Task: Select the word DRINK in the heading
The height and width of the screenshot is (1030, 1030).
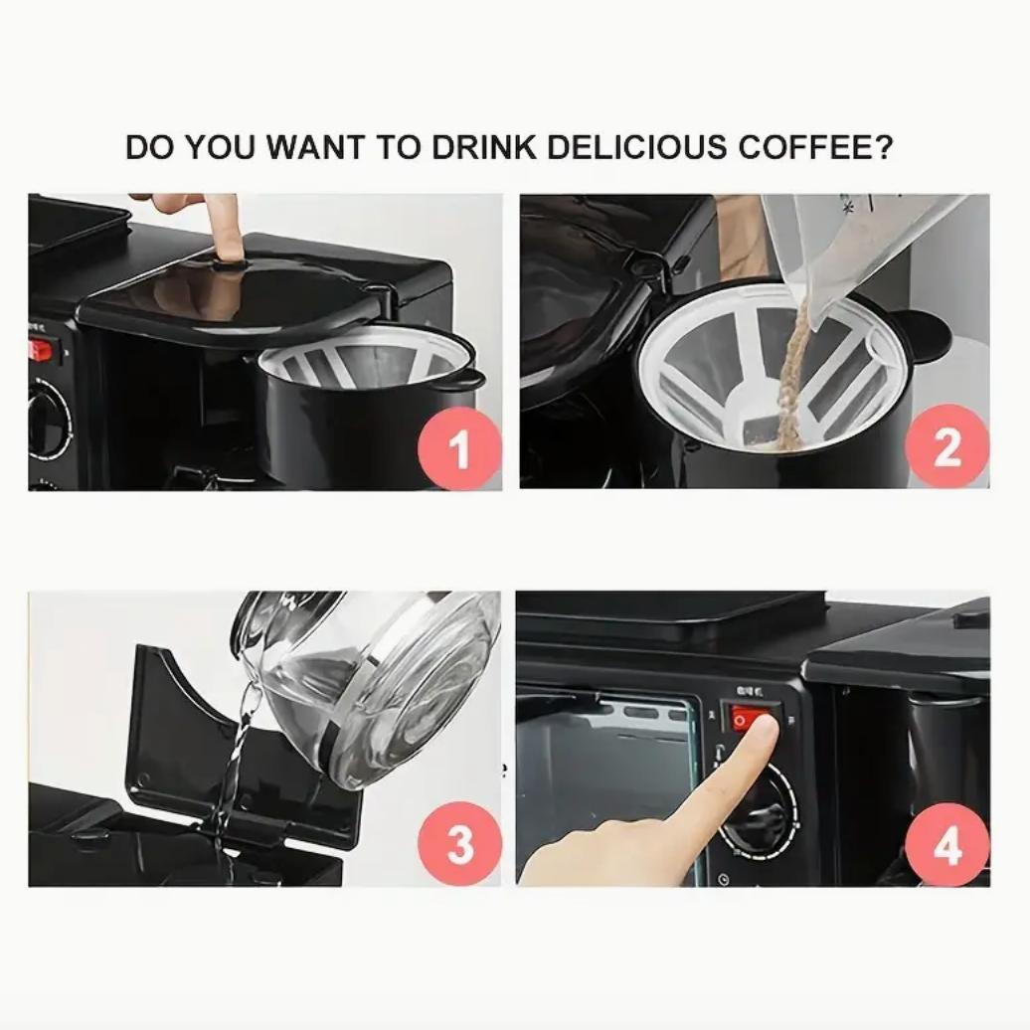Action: tap(483, 147)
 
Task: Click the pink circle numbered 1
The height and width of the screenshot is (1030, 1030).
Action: tap(459, 448)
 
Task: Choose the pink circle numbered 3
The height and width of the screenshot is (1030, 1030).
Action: tap(459, 845)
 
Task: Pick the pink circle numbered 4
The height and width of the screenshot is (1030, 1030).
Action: tap(947, 845)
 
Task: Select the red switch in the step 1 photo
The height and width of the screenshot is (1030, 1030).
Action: tap(41, 349)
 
